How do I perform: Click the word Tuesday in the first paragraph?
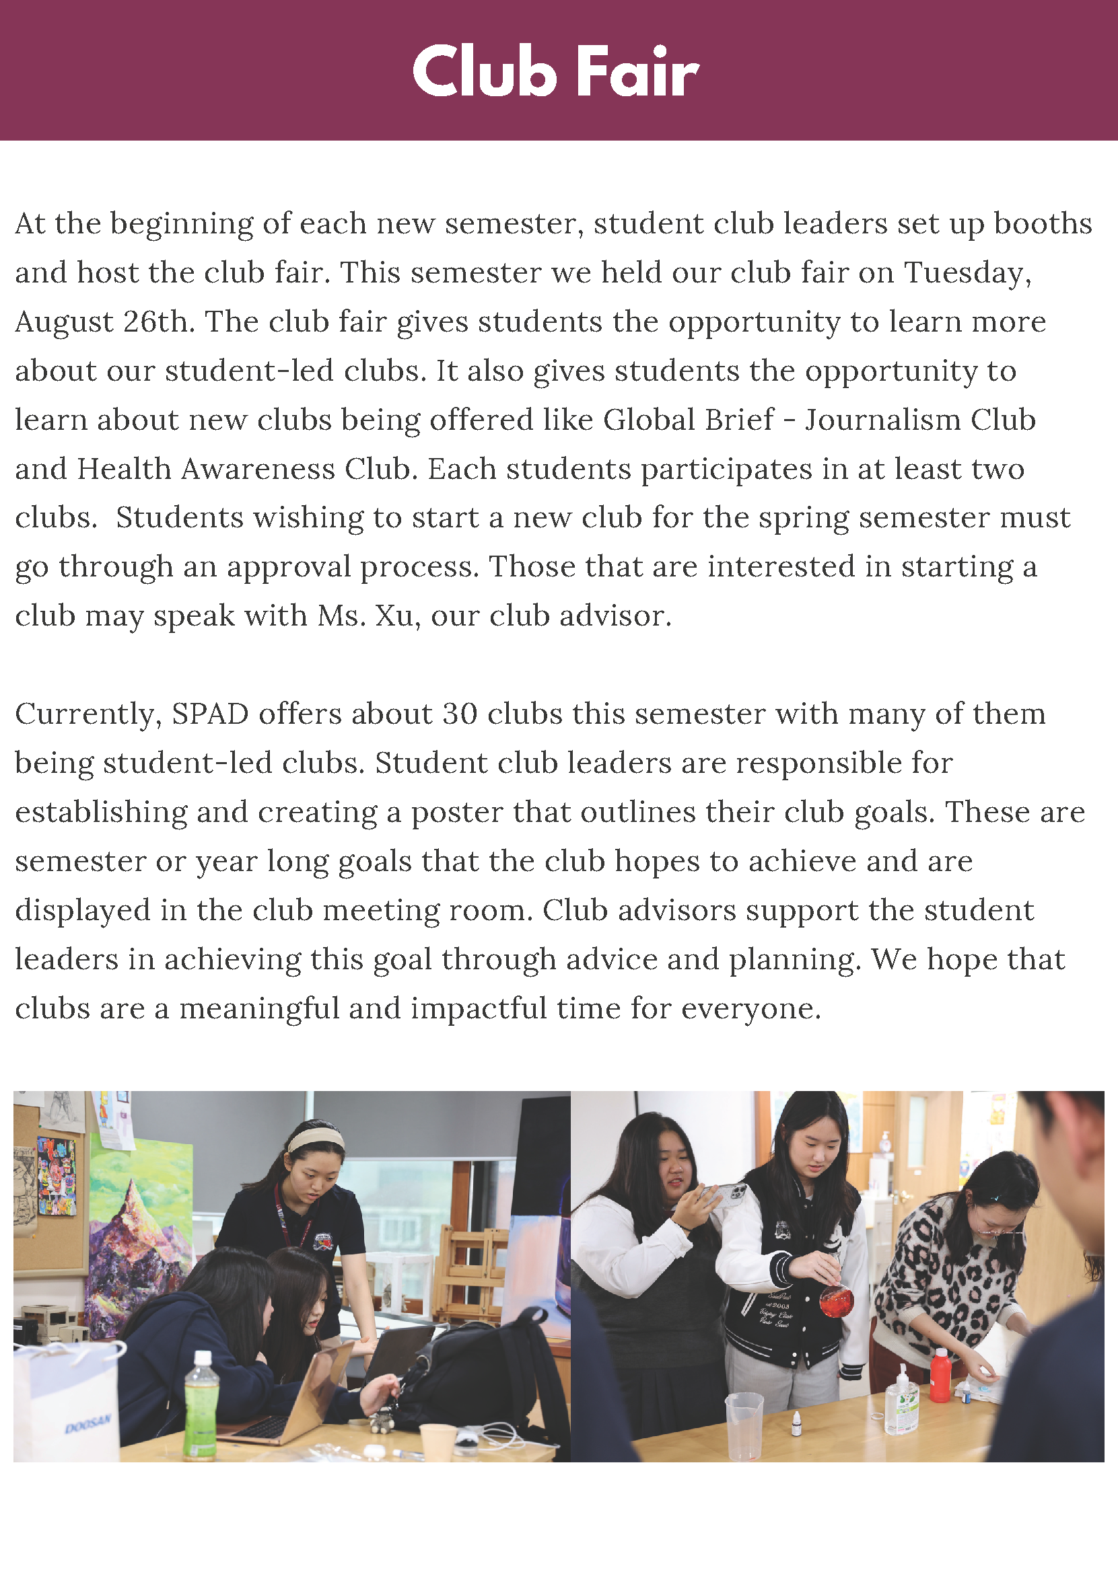click(x=967, y=272)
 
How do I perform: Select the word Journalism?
click(x=882, y=420)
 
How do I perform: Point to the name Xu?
click(x=393, y=615)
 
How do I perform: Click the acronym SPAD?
click(x=210, y=714)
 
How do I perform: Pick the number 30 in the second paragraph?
click(x=459, y=714)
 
